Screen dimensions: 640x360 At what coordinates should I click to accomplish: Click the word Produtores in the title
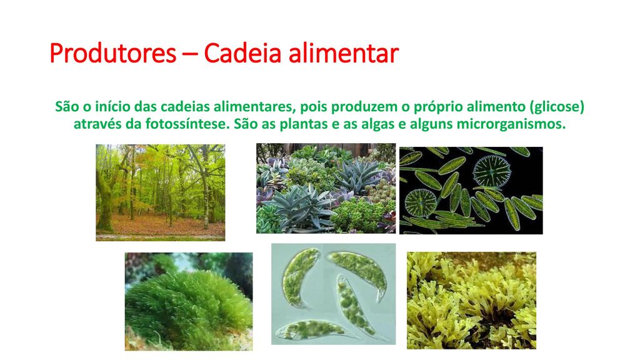tap(112, 54)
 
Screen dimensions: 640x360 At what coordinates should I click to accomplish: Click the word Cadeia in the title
tap(242, 52)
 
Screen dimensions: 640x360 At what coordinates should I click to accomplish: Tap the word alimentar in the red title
tap(343, 52)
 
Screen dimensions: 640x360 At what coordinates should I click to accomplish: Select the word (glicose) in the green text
tap(557, 107)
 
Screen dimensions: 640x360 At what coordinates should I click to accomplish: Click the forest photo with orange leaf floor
tap(161, 192)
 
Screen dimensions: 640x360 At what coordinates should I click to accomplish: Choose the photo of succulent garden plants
tap(326, 188)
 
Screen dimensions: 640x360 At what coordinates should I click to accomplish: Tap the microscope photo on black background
tap(471, 191)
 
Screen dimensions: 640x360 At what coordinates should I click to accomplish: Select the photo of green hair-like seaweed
tap(189, 301)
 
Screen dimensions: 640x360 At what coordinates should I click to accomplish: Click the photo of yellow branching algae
tap(471, 301)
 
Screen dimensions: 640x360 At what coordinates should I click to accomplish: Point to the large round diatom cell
tap(492, 171)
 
